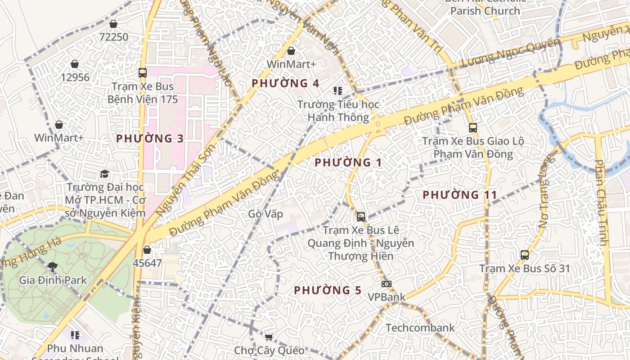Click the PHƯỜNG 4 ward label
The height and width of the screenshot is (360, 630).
285,83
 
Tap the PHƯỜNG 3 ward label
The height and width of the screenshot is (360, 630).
150,139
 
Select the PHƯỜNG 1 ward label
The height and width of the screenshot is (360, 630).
348,162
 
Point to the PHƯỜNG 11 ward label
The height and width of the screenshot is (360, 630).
460,195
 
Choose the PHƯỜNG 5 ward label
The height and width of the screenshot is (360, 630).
328,290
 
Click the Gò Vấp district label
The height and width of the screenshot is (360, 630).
265,214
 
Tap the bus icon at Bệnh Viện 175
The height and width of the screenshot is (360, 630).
143,72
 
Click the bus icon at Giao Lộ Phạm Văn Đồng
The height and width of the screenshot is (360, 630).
472,127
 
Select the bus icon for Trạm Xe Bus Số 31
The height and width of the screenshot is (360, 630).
524,255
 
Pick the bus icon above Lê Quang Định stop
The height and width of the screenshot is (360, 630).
360,217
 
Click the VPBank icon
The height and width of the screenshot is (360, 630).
386,284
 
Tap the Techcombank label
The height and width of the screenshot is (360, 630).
420,328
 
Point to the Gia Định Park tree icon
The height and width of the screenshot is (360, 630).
53,266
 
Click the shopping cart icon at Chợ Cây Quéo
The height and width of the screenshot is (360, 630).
269,337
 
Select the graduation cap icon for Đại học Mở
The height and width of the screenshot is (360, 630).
104,174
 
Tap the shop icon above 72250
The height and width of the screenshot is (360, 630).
113,24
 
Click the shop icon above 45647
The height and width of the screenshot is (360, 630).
147,250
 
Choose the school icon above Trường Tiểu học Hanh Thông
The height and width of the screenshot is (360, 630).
338,91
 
